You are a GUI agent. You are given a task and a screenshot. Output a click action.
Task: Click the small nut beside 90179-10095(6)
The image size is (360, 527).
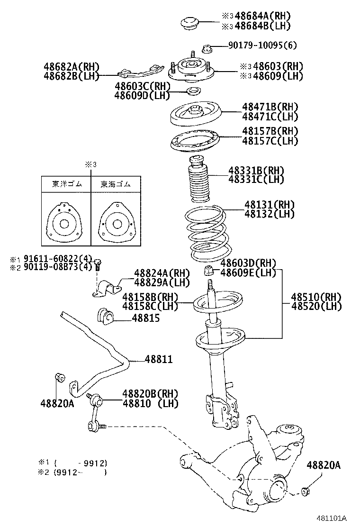coord(206,48)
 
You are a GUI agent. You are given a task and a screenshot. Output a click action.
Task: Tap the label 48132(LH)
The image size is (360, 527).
coord(270,214)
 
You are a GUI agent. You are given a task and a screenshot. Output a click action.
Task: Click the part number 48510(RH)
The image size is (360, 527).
coord(316,297)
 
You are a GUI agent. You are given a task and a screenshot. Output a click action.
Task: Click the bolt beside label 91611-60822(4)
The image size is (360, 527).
coord(98,263)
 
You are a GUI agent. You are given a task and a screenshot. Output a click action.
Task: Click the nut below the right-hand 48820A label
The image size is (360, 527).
coord(306,491)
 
